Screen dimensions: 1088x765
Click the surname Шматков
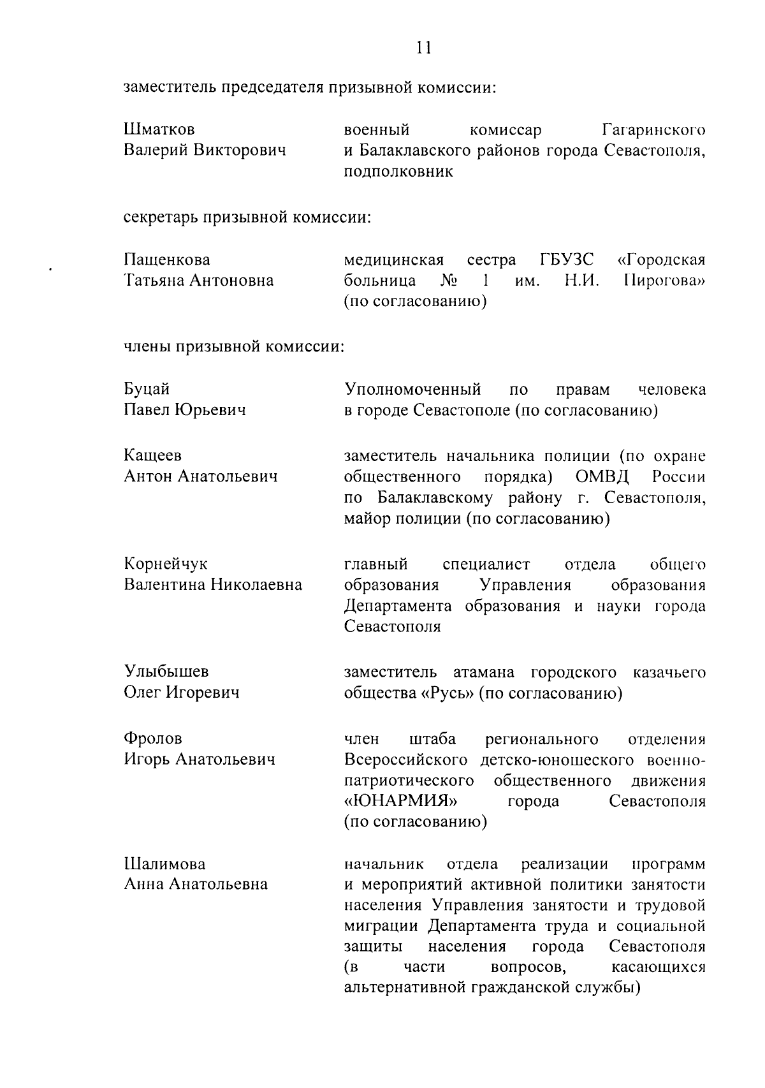tap(159, 130)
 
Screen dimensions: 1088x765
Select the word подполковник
tap(398, 172)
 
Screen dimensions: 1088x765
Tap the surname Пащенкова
tap(167, 260)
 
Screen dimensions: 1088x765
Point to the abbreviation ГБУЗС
tap(567, 260)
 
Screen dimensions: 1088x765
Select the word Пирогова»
tap(664, 281)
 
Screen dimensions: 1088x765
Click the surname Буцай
tap(147, 389)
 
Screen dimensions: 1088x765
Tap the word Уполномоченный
tap(412, 389)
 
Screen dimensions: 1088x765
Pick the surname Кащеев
tap(152, 455)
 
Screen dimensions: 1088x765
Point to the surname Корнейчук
tap(166, 564)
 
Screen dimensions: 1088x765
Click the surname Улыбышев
tap(166, 672)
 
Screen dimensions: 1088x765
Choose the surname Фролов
tap(153, 739)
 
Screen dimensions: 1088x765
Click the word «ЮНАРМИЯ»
tap(401, 801)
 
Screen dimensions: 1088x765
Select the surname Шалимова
tap(164, 864)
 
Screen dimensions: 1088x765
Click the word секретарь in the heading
tap(161, 217)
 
